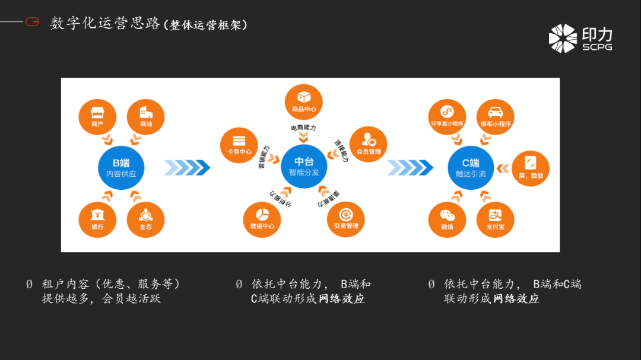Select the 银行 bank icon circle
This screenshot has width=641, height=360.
pyautogui.click(x=97, y=219)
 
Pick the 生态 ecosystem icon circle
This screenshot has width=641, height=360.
pyautogui.click(x=145, y=219)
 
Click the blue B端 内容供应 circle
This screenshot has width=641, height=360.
pyautogui.click(x=121, y=168)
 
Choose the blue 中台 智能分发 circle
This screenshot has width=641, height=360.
pyautogui.click(x=304, y=167)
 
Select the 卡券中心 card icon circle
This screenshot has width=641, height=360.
pyautogui.click(x=239, y=145)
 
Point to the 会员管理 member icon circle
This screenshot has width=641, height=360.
pyautogui.click(x=368, y=145)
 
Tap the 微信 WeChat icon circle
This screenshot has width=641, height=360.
pyautogui.click(x=447, y=219)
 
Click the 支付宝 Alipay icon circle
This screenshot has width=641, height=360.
pyautogui.click(x=495, y=219)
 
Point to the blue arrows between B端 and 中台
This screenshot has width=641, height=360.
pyautogui.click(x=187, y=168)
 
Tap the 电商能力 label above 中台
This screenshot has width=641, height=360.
pyautogui.click(x=303, y=128)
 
